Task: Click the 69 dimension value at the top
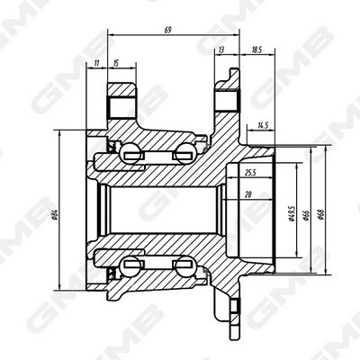tap(168, 30)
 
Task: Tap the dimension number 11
tap(95, 64)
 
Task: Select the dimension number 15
tap(115, 64)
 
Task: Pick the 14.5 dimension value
tap(263, 126)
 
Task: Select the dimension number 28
tap(248, 193)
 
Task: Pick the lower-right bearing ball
tap(185, 267)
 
